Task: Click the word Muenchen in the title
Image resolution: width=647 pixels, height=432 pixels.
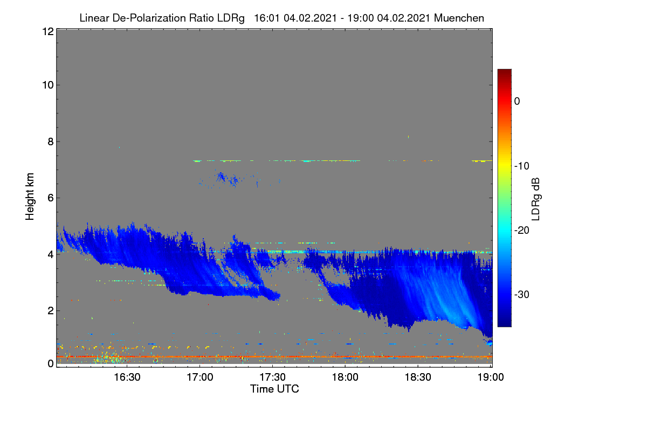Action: tap(459, 18)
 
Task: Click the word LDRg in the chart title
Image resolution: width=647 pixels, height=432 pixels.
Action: tap(231, 18)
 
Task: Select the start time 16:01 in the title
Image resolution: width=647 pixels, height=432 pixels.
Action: tap(267, 18)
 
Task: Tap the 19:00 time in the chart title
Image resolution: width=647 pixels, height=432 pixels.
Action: tap(360, 18)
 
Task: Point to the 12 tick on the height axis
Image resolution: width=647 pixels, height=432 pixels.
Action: tap(48, 31)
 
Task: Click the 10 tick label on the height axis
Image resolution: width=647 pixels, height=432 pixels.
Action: tap(48, 85)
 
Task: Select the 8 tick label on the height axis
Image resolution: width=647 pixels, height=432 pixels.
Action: tap(51, 141)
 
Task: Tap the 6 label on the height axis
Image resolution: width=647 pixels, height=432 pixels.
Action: tap(51, 198)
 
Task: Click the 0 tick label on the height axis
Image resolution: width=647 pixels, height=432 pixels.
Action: tap(51, 363)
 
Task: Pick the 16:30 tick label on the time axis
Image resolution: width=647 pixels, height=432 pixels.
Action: tap(127, 377)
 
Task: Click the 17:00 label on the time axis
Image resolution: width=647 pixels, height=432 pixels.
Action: tap(200, 377)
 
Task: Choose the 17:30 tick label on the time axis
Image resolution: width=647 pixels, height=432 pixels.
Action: tap(272, 377)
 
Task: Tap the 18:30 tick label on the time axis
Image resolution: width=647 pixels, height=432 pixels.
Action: tap(418, 377)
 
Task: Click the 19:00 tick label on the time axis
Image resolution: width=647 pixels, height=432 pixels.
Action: tap(491, 377)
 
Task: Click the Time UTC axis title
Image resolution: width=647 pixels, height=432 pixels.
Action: tap(274, 389)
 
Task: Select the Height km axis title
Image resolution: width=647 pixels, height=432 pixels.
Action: tap(30, 197)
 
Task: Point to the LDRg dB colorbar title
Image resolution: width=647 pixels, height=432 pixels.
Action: tap(536, 199)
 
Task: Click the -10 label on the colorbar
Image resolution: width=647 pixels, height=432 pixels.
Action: tap(522, 166)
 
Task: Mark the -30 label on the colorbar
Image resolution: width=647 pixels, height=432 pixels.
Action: tap(522, 294)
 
